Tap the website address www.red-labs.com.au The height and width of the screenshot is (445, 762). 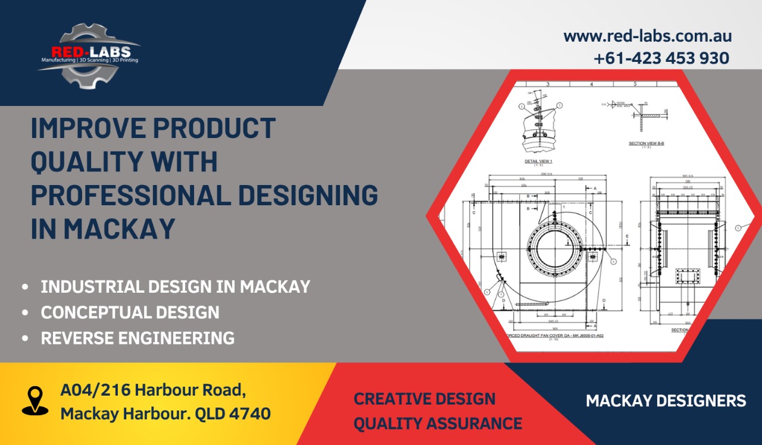pos(647,36)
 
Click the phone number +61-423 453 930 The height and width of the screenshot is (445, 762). pos(661,58)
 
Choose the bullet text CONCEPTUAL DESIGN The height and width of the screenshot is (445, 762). pos(130,312)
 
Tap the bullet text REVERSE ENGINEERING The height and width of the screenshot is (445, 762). pos(138,338)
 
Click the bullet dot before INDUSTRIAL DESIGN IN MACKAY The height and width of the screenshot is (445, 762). pos(24,287)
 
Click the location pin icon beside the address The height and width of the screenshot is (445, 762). pos(35,400)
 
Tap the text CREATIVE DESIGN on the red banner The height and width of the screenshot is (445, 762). pos(424,398)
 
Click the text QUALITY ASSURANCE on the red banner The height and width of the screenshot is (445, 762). pos(438,424)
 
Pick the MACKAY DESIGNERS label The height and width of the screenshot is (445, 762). pos(666,400)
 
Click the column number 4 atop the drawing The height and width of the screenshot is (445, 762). pos(591,84)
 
